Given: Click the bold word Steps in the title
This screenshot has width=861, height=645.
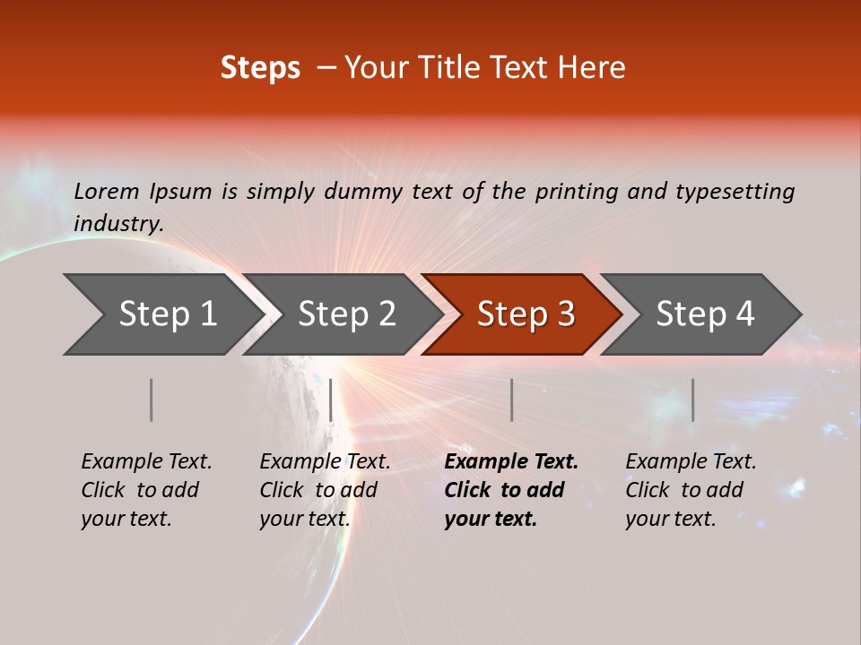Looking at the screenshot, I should (x=260, y=68).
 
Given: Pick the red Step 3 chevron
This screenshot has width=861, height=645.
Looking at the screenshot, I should (x=526, y=314).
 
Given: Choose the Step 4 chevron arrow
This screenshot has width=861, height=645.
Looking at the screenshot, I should (x=705, y=314).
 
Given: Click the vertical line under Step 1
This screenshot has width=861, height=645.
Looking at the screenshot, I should (x=152, y=400).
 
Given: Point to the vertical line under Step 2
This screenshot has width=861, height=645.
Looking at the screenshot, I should (x=331, y=400).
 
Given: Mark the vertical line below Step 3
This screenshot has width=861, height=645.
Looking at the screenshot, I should (x=511, y=400).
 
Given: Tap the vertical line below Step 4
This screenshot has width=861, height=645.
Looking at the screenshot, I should (x=692, y=400).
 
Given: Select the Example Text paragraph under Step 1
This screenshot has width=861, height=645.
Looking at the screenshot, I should (x=145, y=490).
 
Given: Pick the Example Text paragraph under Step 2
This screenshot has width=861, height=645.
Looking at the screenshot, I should (x=324, y=490).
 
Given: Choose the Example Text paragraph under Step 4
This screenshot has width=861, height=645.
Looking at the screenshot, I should (x=690, y=490).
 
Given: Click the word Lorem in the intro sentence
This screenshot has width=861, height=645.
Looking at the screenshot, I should (x=107, y=191).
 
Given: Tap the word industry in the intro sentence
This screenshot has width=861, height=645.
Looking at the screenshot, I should (x=117, y=224).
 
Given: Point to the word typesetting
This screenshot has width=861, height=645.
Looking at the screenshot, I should (x=735, y=192).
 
